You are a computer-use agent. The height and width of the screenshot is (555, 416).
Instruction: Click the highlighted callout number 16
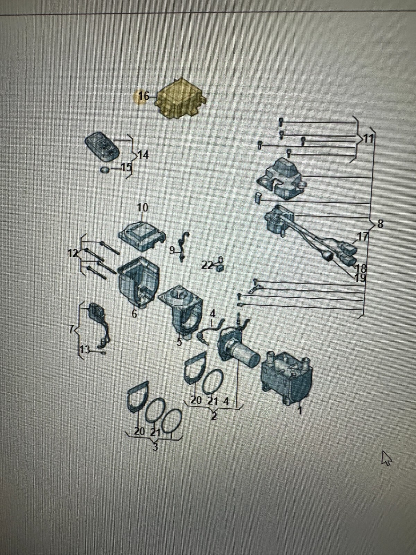(x=144, y=96)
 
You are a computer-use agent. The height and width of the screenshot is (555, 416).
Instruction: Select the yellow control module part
(x=181, y=99)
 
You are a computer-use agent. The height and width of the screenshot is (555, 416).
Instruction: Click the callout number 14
(x=143, y=155)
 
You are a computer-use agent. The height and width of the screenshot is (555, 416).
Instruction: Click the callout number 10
(x=142, y=208)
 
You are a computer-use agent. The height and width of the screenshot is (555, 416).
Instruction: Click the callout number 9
(x=172, y=250)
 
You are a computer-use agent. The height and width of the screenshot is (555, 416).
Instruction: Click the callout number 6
(x=135, y=314)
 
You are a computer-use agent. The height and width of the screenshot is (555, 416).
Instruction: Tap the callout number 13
(x=85, y=350)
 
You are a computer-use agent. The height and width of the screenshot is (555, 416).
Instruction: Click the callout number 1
(x=300, y=410)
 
